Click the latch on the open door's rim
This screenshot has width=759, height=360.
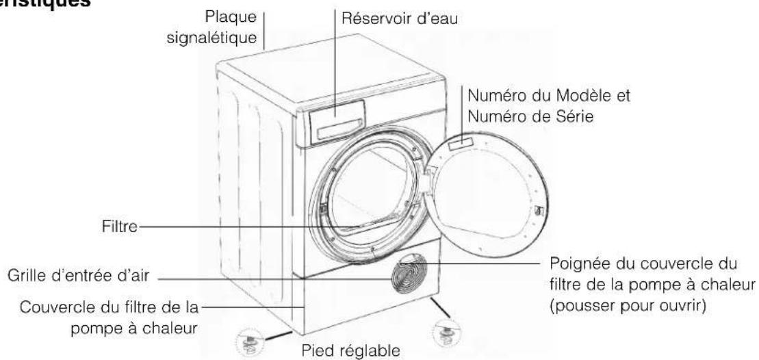537,209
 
